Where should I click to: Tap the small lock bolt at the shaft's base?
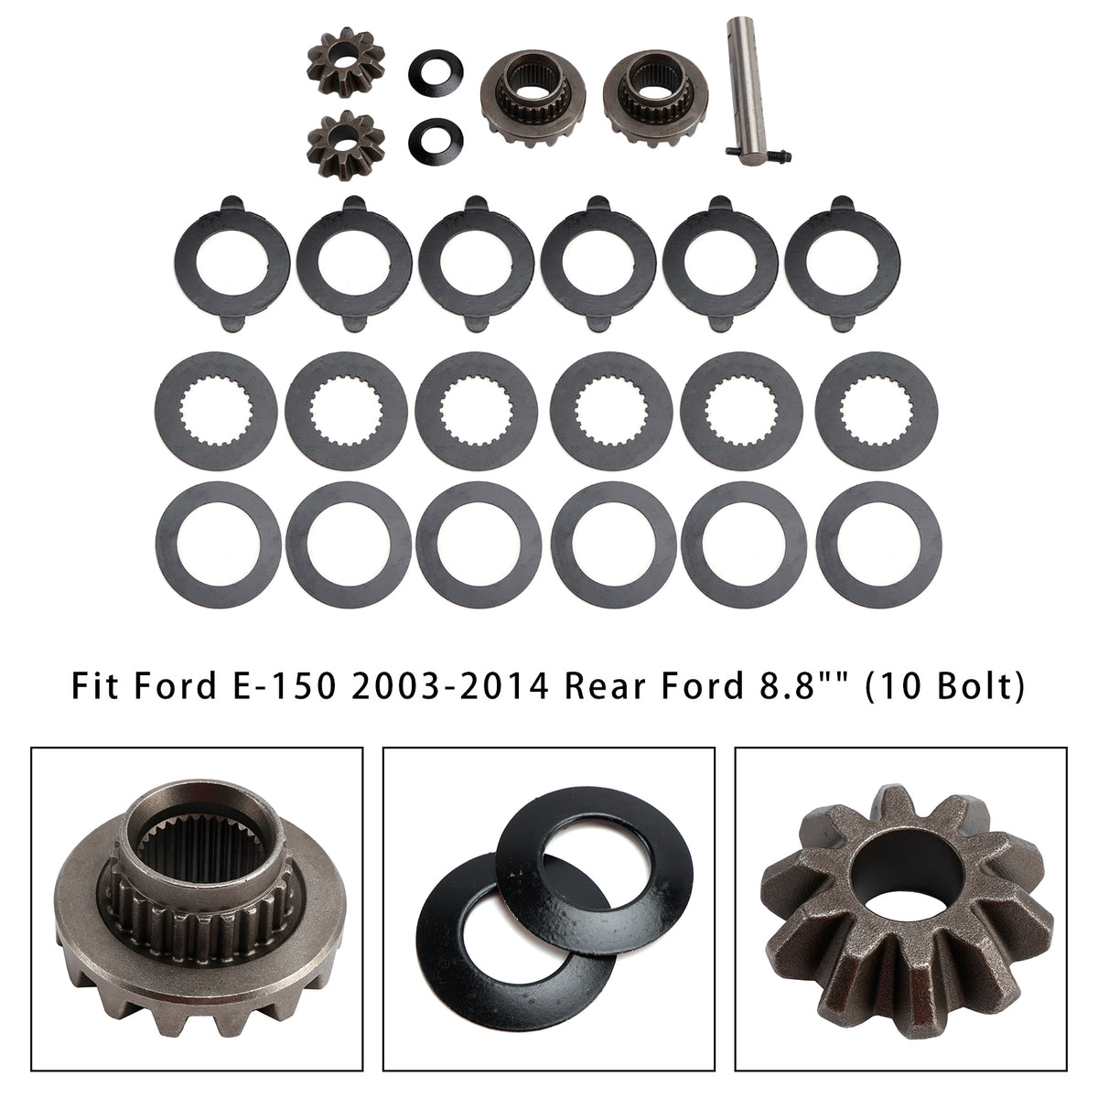pos(759,152)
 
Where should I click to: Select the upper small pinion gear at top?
pos(346,63)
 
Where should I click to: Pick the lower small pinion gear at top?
pos(346,145)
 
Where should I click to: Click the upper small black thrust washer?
pos(436,72)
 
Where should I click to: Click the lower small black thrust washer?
pos(436,140)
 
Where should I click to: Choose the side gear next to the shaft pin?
pos(655,101)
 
